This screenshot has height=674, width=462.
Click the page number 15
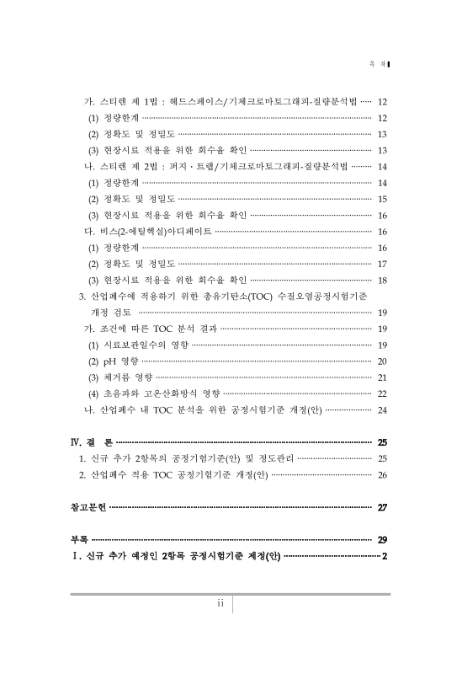[x=382, y=200]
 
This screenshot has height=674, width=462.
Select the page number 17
[x=382, y=264]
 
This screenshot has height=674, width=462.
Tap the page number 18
[x=382, y=280]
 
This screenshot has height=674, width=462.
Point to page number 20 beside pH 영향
[x=382, y=361]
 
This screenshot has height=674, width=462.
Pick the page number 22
[x=382, y=393]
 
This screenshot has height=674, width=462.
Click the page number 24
[x=382, y=409]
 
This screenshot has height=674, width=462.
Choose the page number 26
[x=382, y=474]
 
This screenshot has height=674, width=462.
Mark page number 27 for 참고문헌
[x=382, y=507]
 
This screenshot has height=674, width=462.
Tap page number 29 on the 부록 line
[x=382, y=539]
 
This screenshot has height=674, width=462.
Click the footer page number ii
[x=220, y=603]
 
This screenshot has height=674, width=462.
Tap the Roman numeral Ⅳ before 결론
[x=74, y=442]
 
